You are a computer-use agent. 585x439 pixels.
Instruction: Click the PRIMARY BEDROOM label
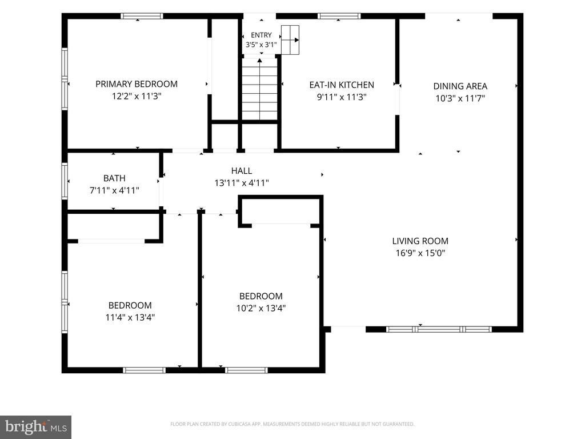pos(137,84)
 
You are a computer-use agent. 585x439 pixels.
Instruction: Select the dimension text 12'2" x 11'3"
pos(137,96)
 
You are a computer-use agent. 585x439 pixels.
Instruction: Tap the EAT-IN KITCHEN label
pos(342,85)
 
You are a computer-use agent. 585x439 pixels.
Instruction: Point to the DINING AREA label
pos(460,86)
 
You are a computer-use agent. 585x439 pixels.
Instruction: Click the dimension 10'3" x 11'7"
pos(460,98)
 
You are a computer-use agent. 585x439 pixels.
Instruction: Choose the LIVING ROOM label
pos(420,241)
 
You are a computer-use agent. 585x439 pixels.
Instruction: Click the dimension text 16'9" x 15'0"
pos(420,253)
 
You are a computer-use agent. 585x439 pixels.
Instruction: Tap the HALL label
pos(242,171)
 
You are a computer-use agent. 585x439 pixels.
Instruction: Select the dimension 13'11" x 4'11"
pos(242,183)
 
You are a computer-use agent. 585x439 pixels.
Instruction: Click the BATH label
pos(114,178)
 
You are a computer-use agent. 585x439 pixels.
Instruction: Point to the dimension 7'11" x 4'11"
pos(114,190)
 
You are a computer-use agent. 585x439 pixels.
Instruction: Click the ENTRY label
pos(261,35)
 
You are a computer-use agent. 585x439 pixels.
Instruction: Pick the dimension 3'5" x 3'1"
pos(261,45)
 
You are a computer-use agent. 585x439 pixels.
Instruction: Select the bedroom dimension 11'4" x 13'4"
pos(130,317)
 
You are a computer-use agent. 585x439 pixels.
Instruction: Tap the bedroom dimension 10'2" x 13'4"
pos(261,308)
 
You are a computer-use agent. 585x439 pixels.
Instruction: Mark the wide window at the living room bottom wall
pos(439,329)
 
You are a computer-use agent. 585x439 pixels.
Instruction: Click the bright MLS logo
pos(36,427)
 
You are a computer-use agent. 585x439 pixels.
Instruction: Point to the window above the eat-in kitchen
pos(339,16)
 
